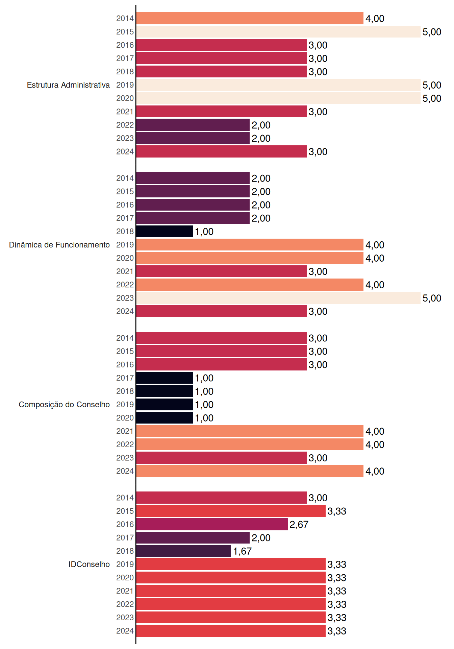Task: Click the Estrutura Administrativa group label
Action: pos(68,85)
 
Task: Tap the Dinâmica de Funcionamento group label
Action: pos(59,245)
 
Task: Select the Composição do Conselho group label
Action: pos(64,405)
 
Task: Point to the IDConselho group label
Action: pos(89,564)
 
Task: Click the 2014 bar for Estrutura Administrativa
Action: pos(250,18)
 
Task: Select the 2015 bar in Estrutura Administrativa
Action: pos(278,32)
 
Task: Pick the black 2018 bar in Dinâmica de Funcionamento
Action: pos(165,232)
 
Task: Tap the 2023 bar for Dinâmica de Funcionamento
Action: pos(278,298)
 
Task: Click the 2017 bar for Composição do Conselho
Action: pos(165,378)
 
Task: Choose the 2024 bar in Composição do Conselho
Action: pos(250,471)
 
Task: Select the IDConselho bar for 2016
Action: pos(212,524)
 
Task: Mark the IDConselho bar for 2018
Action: pos(183,551)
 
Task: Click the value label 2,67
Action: pos(299,525)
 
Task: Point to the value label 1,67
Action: pos(242,551)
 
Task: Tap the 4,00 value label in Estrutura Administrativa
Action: pos(375,19)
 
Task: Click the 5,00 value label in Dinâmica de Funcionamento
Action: pos(432,298)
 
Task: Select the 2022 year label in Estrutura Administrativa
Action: pos(125,125)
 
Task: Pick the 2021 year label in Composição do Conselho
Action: pos(125,431)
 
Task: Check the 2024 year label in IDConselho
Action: pos(125,631)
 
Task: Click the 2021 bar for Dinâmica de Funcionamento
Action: pos(221,271)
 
